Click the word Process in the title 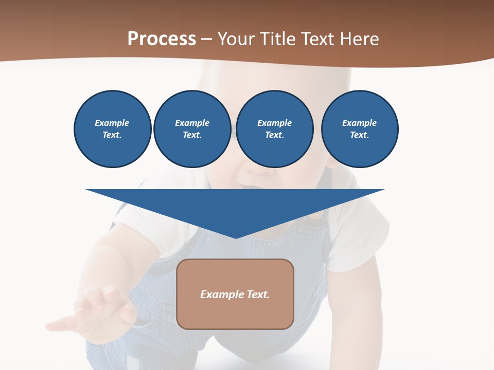coord(162,39)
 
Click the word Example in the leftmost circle coord(112,123)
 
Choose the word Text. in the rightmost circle coord(360,135)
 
